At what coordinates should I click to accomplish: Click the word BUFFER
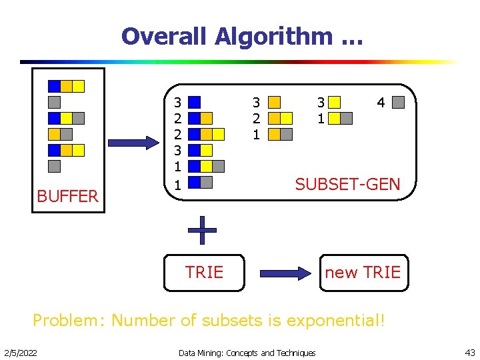(x=67, y=196)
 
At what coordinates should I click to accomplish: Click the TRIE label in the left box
(x=204, y=272)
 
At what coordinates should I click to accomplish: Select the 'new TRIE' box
(x=363, y=272)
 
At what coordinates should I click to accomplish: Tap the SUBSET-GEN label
(x=347, y=184)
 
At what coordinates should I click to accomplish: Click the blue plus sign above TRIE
(x=202, y=231)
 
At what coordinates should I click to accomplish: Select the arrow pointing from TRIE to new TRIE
(x=285, y=273)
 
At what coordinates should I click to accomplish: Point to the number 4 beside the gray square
(x=381, y=103)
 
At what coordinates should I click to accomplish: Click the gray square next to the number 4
(x=398, y=103)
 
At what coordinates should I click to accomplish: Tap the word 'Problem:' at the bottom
(x=65, y=321)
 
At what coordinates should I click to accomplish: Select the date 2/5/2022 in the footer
(x=21, y=352)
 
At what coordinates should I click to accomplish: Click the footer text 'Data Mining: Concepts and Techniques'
(x=247, y=352)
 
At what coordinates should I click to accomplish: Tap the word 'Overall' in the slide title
(x=165, y=36)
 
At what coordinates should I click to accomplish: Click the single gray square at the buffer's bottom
(x=54, y=166)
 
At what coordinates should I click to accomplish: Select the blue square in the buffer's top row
(x=54, y=86)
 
